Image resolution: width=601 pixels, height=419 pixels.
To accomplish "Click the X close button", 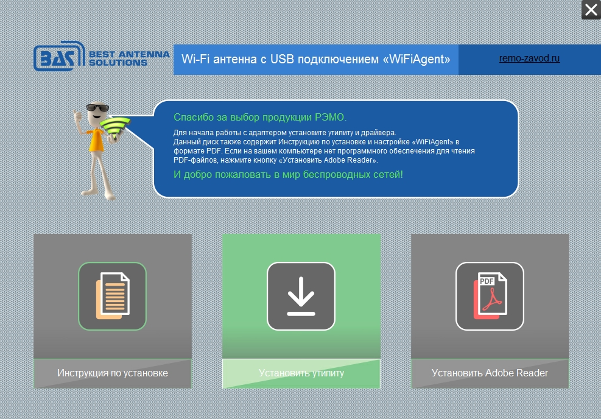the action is pos(591,10).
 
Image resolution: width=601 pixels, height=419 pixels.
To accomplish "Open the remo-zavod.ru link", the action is pos(529,58).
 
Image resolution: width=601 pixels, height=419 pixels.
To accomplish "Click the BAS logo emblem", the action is pos(59,56).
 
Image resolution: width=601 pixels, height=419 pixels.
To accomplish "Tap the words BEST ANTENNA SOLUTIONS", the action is pos(129,58).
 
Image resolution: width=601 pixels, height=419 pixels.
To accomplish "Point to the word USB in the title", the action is pos(283,59).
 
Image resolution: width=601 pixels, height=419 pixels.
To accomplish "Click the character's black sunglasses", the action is pos(97,107).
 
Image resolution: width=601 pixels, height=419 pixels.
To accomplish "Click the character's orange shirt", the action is pos(96,140).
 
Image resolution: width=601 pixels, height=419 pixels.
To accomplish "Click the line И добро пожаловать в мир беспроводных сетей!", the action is pos(288,175).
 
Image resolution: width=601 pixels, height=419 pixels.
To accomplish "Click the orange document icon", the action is pos(113,295).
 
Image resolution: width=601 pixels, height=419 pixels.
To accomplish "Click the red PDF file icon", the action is pos(490,295).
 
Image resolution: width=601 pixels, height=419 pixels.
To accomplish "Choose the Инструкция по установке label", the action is pos(113,373).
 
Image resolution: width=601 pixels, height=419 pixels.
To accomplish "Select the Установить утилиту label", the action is pos(301,373).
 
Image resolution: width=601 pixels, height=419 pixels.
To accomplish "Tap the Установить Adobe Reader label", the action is pos(490,373).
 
